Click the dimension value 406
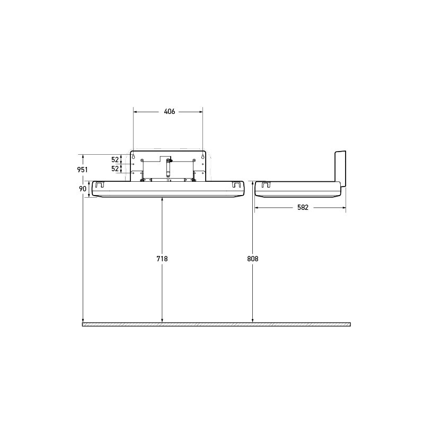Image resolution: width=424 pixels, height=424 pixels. (170, 112)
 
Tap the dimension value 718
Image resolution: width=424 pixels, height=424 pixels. (162, 259)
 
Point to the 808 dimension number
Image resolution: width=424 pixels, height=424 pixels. (253, 259)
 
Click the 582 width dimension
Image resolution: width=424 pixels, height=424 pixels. (303, 208)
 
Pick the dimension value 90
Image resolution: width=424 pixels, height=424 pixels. (83, 189)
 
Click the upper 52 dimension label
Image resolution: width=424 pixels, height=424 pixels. (115, 160)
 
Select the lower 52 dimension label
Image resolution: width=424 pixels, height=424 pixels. (115, 169)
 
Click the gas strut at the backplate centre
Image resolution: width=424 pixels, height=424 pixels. (169, 167)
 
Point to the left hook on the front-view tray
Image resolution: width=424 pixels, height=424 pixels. (99, 185)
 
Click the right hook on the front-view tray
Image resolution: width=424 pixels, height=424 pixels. (237, 185)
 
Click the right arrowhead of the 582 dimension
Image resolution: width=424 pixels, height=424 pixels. (344, 208)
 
